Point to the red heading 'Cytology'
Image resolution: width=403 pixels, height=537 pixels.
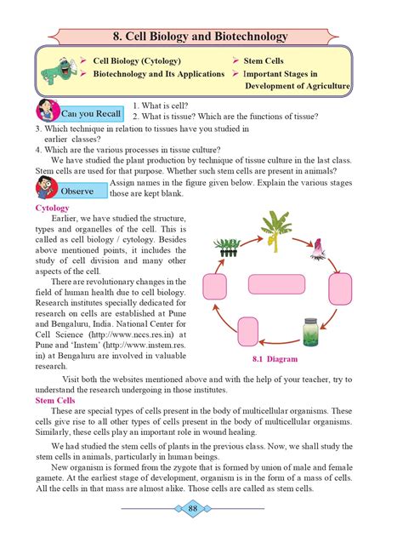53,209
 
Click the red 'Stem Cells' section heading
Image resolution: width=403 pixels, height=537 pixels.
56,400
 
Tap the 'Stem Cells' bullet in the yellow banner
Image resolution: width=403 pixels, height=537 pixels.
264,62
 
